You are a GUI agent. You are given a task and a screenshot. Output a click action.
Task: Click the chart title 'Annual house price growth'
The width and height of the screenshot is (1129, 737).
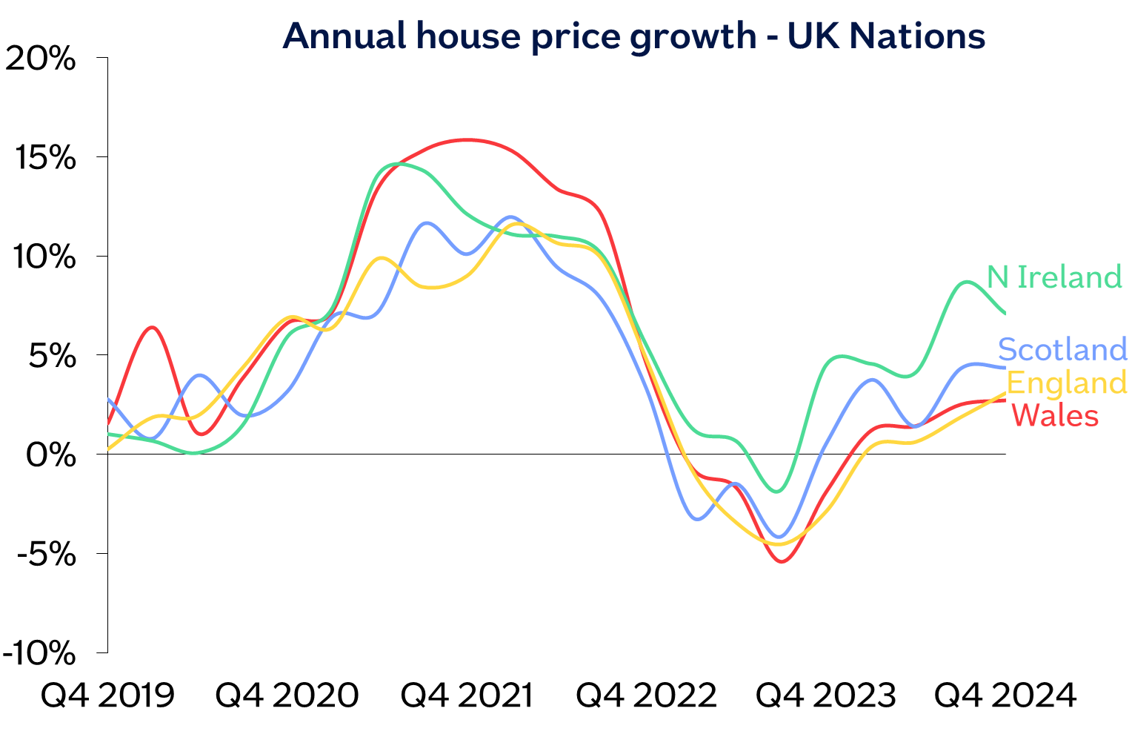click(x=633, y=36)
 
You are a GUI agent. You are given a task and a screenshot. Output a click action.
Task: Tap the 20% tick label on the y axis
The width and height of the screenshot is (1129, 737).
click(x=41, y=59)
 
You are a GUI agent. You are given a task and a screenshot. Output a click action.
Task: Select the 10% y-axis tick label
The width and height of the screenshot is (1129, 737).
click(x=42, y=257)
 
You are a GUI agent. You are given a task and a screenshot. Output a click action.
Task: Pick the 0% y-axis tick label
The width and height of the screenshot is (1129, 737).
click(x=50, y=455)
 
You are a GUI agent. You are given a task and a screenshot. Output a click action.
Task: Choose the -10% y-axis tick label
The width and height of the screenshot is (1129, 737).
click(x=39, y=654)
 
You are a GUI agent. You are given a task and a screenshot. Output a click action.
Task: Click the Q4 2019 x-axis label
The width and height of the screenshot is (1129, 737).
click(x=108, y=695)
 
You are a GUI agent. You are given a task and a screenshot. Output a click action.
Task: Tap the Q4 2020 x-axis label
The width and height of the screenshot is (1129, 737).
click(x=287, y=695)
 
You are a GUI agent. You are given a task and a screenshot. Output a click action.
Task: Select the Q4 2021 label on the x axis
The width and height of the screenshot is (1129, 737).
click(x=467, y=695)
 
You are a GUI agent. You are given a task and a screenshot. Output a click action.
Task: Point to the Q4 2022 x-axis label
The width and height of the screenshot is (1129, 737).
click(x=646, y=695)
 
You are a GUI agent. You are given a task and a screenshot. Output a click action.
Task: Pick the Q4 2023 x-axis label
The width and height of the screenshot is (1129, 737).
click(x=825, y=695)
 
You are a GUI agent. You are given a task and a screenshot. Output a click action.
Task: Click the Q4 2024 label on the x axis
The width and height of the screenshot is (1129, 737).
click(x=1005, y=695)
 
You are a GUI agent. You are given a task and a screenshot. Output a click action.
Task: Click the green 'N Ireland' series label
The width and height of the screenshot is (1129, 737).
click(x=1055, y=277)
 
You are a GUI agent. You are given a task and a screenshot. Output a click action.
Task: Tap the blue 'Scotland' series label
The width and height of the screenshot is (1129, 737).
click(x=1062, y=348)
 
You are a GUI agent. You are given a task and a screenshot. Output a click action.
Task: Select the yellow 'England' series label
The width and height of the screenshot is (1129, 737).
click(x=1067, y=383)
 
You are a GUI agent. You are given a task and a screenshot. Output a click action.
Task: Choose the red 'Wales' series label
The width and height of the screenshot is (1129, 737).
click(x=1055, y=415)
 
